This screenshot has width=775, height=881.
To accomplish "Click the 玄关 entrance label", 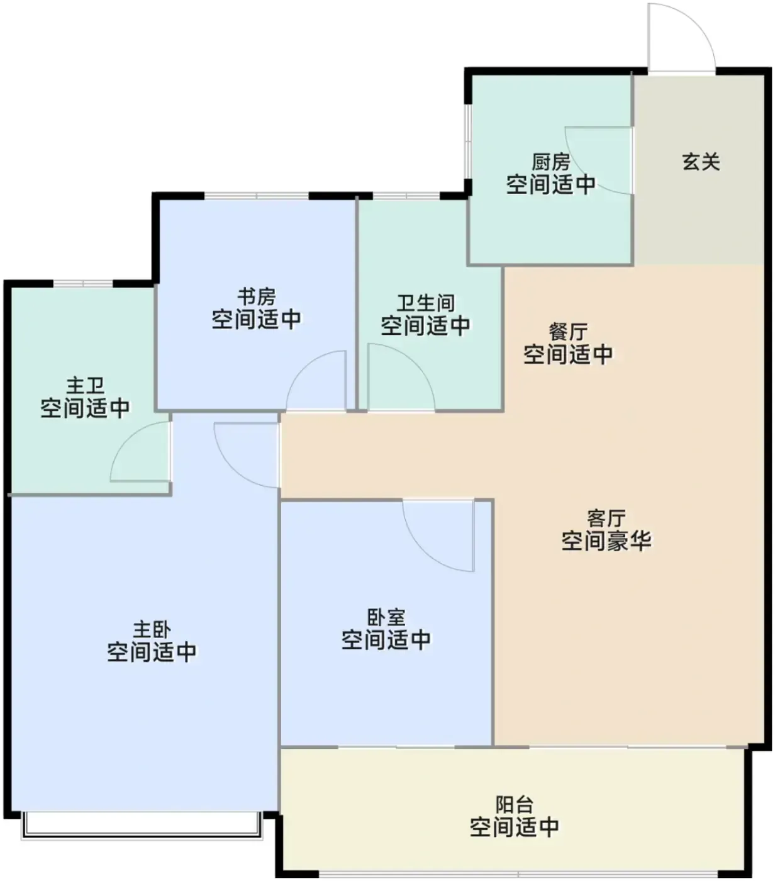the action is [701, 162].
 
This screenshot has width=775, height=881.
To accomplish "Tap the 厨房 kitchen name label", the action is [550, 162].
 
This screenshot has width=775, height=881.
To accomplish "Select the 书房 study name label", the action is [256, 297].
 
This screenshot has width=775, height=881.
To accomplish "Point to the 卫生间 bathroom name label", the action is [425, 303].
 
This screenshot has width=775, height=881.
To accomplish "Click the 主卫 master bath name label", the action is [85, 385].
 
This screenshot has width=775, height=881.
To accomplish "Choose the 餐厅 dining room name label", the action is [568, 332].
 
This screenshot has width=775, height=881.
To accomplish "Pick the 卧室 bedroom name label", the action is [386, 617].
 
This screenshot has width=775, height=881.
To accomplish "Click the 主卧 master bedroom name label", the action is [152, 629].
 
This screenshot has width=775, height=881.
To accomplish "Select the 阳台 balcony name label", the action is [515, 804].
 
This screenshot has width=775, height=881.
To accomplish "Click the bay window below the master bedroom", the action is [142, 826].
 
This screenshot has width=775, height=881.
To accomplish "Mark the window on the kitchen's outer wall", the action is [467, 142].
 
